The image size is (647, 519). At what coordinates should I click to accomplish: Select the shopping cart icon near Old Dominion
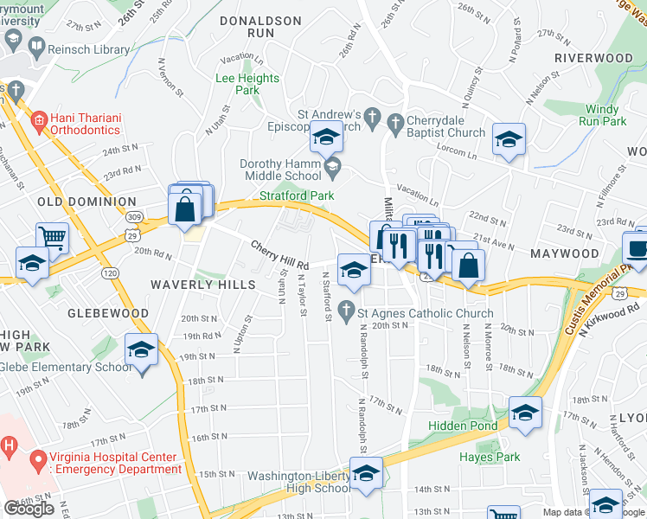[x=53, y=237]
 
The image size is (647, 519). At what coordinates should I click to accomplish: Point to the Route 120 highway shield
[x=111, y=272]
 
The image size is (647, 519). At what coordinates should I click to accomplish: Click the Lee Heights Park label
[x=247, y=84]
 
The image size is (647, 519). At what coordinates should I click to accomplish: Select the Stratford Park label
[x=297, y=195]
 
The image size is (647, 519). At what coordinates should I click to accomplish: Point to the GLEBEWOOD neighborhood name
[x=109, y=313]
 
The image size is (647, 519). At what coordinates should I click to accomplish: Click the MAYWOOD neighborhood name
[x=565, y=254]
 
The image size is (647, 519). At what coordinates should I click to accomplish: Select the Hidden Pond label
[x=464, y=426]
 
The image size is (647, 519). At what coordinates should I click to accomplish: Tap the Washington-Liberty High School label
[x=299, y=482]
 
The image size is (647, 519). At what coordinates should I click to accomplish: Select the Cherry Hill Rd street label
[x=279, y=256]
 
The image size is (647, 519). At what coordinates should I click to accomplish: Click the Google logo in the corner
[x=29, y=509]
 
